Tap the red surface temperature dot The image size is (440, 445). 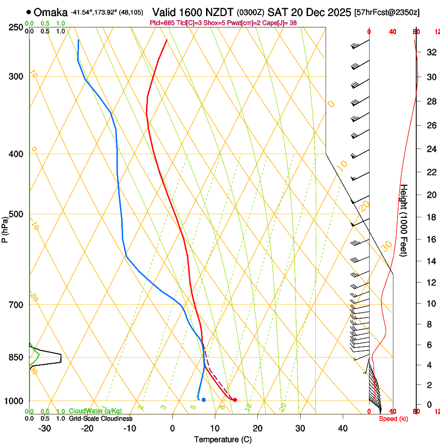235,399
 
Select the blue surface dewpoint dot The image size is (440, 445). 204,399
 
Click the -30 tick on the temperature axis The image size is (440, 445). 45,428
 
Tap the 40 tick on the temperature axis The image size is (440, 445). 342,428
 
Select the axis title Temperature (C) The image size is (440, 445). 223,439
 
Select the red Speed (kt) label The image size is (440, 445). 393,419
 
